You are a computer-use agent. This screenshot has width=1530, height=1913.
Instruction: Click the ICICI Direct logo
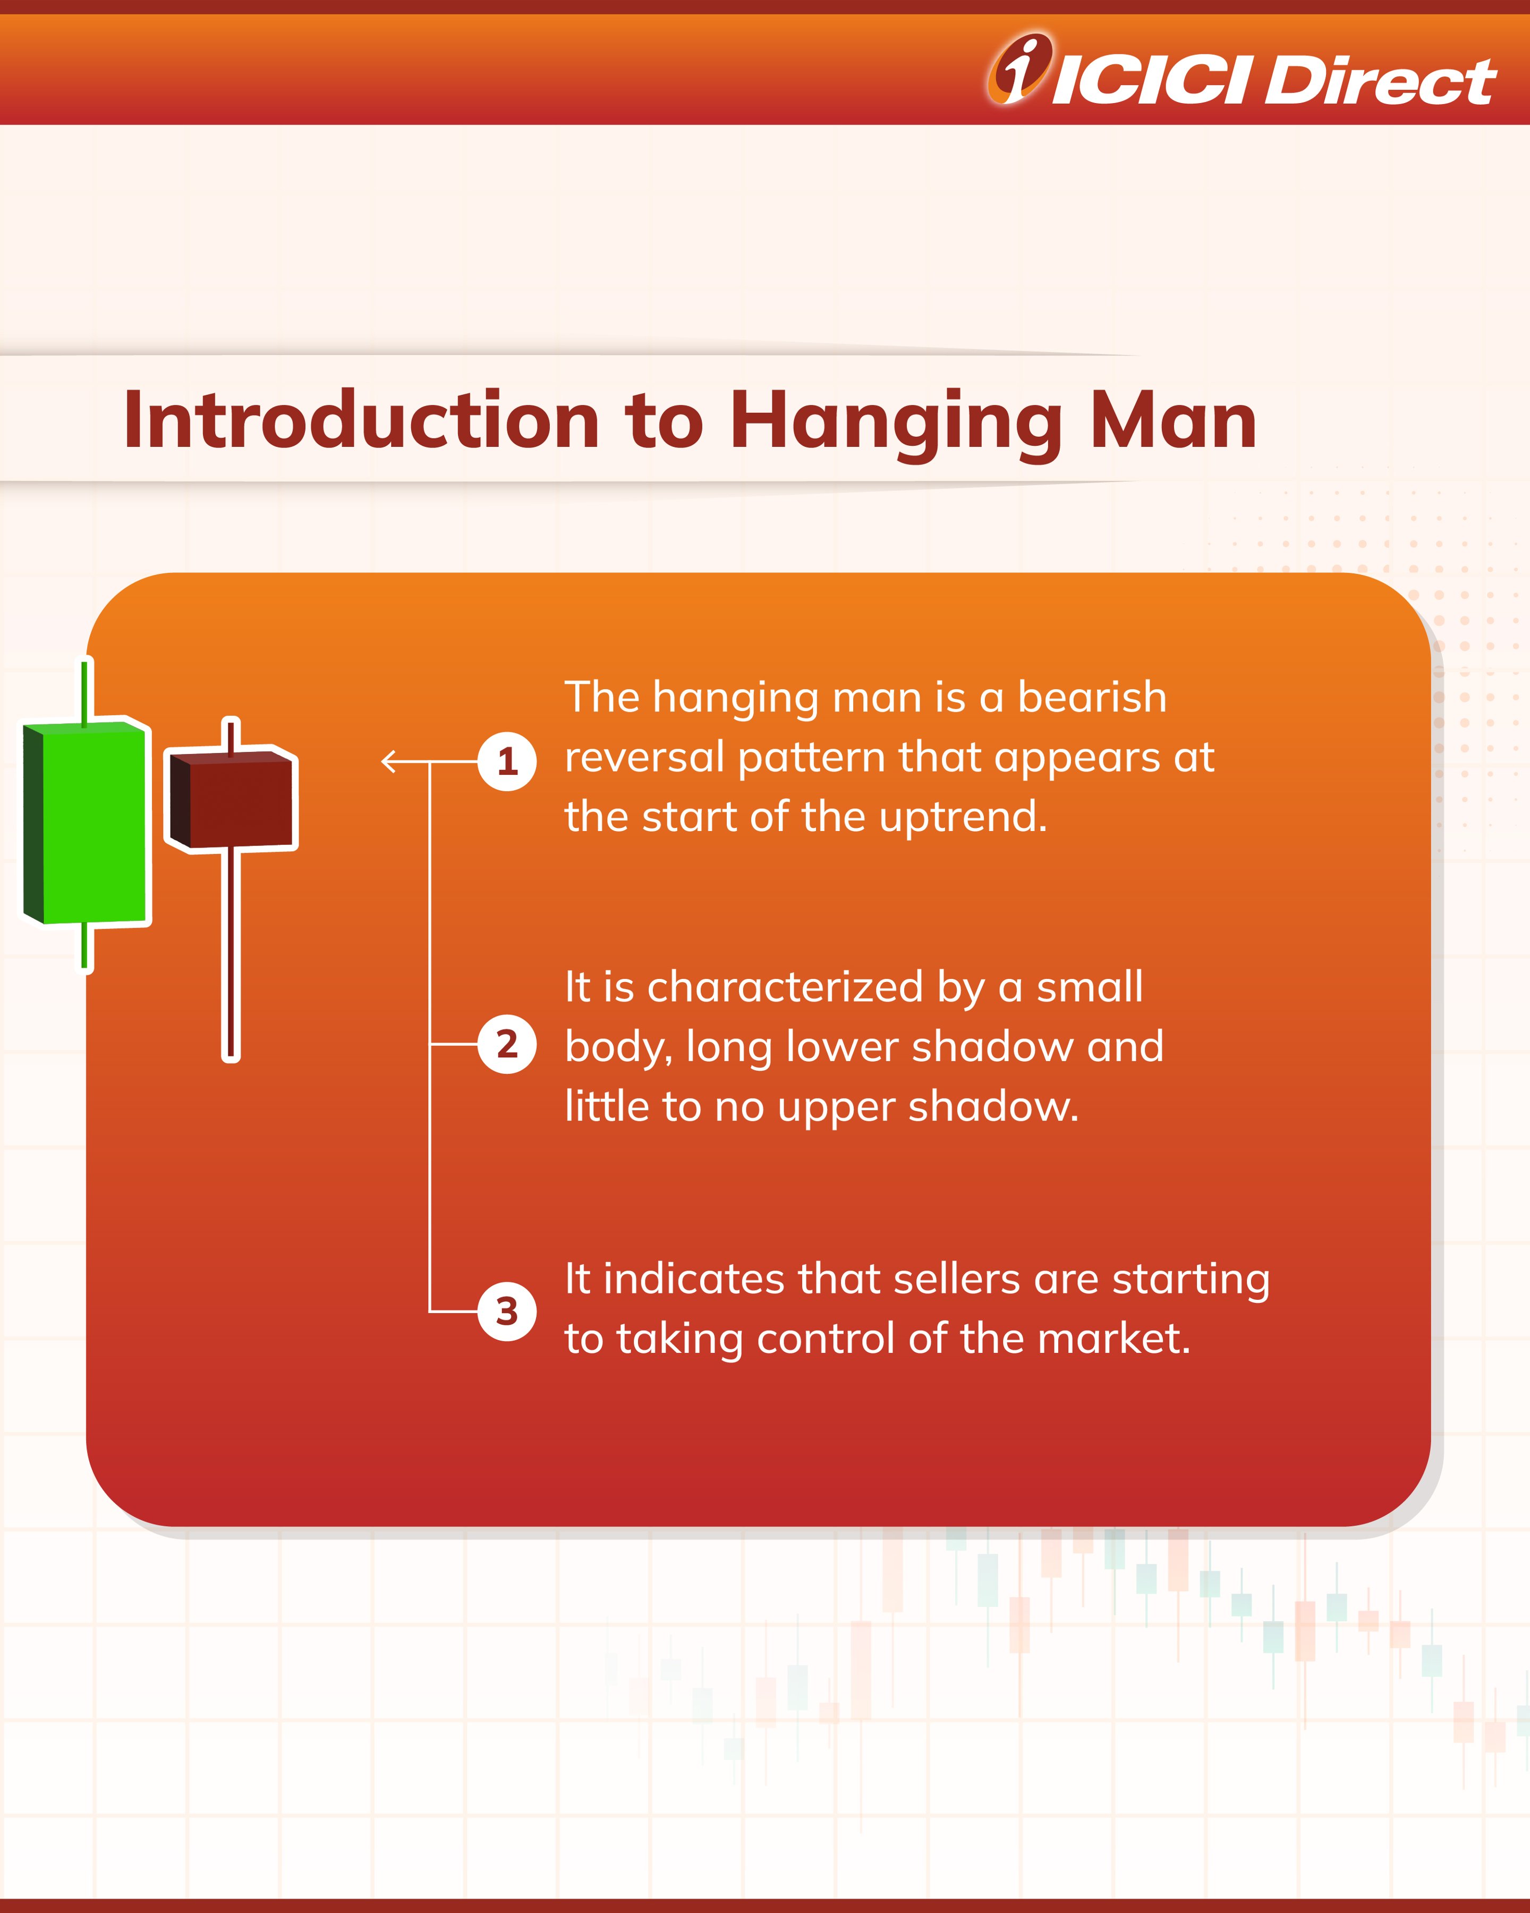coord(1242,71)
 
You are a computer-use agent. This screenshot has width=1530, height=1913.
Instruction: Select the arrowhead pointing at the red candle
coord(388,761)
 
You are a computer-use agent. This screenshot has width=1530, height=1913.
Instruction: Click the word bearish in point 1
coord(1091,697)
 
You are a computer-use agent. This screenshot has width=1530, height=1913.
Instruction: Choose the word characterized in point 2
coord(785,987)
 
